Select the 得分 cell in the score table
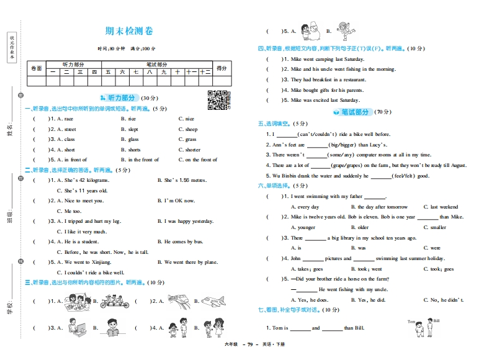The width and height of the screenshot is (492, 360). point(221,68)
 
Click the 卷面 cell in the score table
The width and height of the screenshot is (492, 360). point(36,68)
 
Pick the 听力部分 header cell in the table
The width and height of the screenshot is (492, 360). point(73,64)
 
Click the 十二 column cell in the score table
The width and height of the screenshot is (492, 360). point(205,72)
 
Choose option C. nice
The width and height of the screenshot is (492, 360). point(186,119)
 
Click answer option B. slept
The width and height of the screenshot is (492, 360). point(130,130)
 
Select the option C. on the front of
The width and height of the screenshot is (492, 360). point(198,160)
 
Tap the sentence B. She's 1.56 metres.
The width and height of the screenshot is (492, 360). point(181,180)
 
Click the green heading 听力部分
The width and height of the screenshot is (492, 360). point(121,98)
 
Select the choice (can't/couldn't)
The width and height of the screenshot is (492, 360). point(317,134)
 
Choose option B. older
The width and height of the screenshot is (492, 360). point(359,228)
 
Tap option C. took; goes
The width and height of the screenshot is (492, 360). point(439,269)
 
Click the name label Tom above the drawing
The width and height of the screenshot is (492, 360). point(411,322)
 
